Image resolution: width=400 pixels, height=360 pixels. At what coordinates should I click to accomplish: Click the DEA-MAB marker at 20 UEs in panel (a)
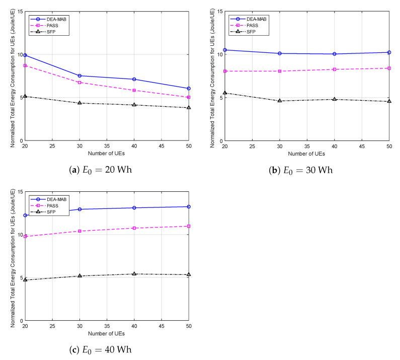(x=25, y=55)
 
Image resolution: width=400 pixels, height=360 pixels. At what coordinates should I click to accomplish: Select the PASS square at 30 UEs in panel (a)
(x=79, y=82)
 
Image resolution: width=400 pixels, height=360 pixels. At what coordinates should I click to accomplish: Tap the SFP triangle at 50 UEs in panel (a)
(x=189, y=107)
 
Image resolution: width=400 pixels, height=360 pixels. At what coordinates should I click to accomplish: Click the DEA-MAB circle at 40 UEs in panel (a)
(x=134, y=79)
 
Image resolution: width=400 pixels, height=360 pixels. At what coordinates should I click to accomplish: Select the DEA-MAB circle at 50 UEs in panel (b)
(x=389, y=52)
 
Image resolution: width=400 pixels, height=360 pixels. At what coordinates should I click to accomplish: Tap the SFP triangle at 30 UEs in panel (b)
(x=279, y=101)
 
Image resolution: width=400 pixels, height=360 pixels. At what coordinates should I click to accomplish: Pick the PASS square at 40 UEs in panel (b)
(x=334, y=69)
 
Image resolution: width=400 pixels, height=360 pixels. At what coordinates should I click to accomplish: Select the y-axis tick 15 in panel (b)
(x=220, y=11)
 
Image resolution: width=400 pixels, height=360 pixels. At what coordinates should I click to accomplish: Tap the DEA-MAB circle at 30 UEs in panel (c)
(x=79, y=209)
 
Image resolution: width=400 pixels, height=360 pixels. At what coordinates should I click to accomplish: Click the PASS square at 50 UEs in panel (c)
(x=189, y=226)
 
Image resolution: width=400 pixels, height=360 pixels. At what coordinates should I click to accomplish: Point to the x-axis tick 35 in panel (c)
(x=107, y=326)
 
